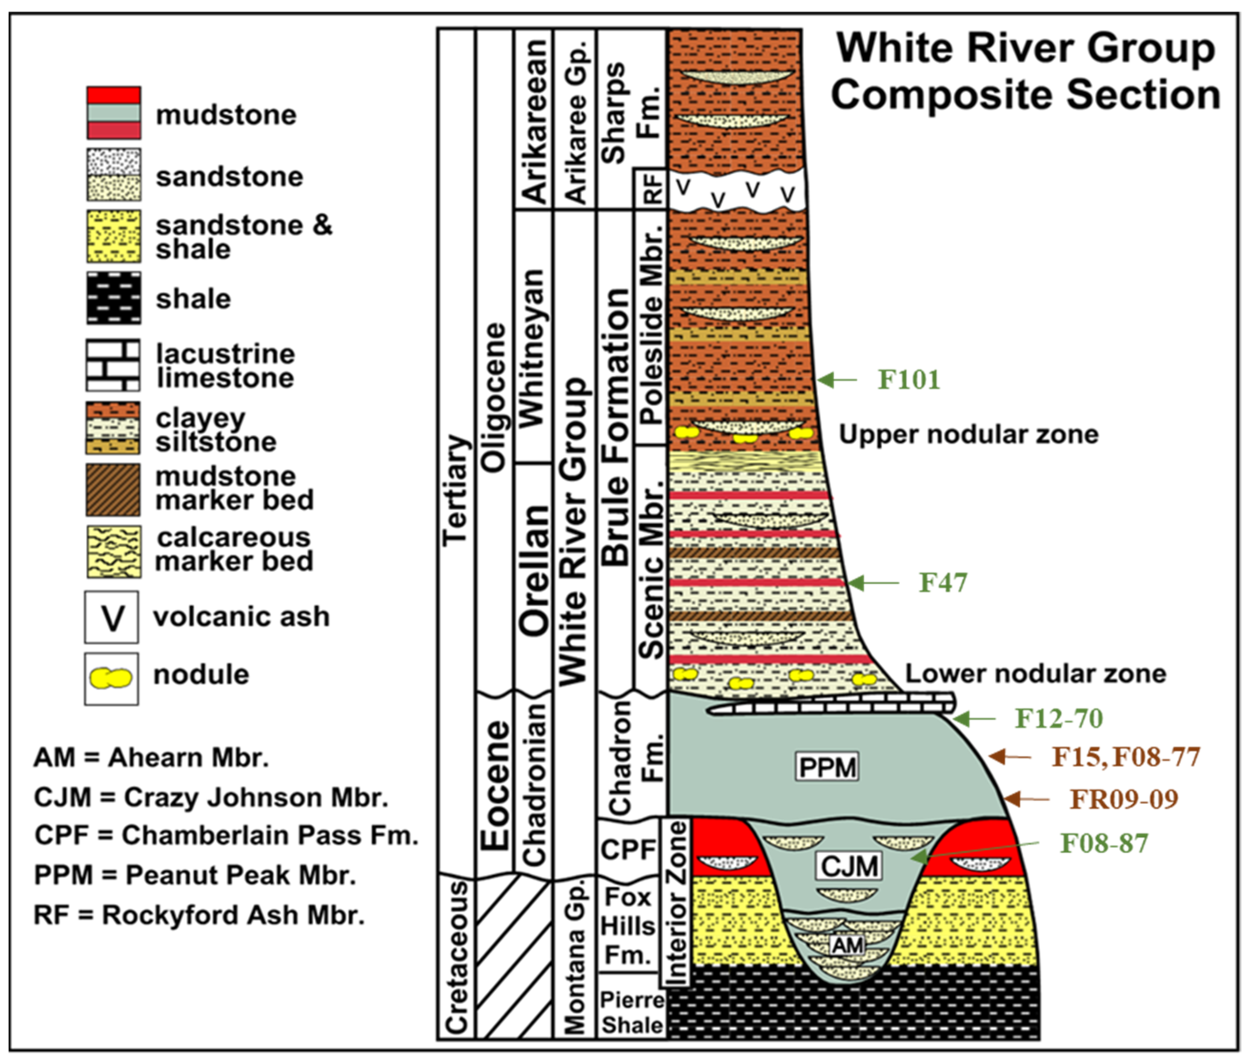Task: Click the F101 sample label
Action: tap(908, 380)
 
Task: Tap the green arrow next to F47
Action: tap(873, 583)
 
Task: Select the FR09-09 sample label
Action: tap(1123, 799)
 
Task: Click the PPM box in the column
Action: tap(827, 767)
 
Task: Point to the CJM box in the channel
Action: tap(849, 866)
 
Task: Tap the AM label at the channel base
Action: tap(847, 945)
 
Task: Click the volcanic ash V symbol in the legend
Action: tap(112, 617)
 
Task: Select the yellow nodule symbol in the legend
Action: tap(111, 678)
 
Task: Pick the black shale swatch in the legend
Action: tap(113, 298)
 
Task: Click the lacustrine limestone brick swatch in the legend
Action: tap(113, 365)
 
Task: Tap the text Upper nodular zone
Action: tap(968, 434)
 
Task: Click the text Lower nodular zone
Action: tap(1035, 673)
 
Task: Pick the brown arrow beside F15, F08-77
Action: tap(1009, 756)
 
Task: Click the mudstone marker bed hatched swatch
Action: tap(113, 490)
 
